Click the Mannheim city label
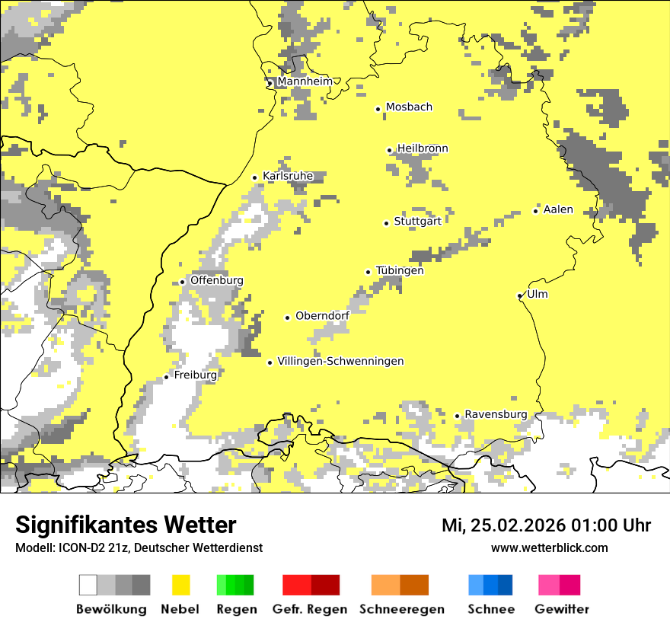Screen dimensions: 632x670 coord(305,81)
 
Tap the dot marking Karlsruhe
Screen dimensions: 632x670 coord(255,177)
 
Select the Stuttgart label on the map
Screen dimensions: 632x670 coord(417,222)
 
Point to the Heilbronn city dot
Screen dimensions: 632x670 coord(389,150)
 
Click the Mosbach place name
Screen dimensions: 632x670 coord(409,107)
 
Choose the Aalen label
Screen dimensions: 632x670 coord(558,210)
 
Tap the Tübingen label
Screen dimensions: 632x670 coord(400,271)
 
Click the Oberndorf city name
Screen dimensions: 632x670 coord(322,316)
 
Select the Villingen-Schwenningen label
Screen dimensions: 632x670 coord(340,362)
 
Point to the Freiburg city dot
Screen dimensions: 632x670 coord(166,377)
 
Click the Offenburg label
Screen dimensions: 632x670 coord(217,280)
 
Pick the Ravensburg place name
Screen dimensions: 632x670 coord(496,414)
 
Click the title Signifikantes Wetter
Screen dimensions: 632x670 coord(126,525)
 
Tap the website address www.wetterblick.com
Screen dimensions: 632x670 coord(549,548)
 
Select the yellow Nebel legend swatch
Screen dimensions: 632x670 coord(180,585)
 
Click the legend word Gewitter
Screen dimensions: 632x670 coord(561,609)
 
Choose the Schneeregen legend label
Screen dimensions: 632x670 coord(402,609)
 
